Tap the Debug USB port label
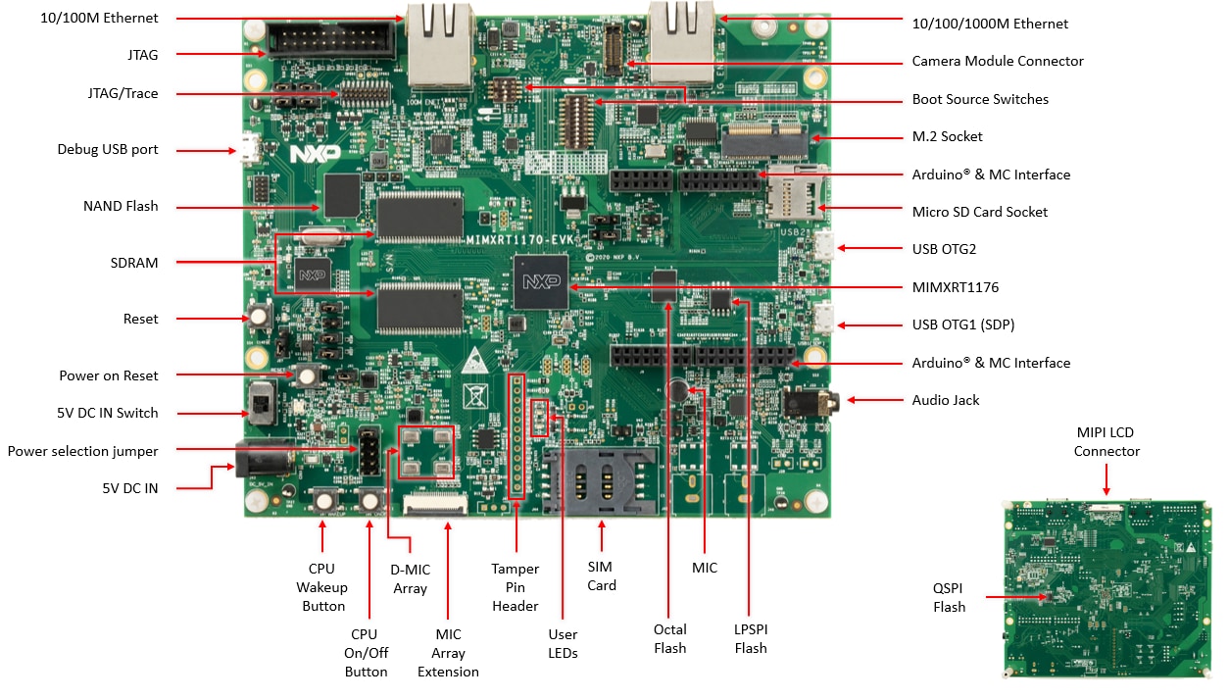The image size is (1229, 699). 108,150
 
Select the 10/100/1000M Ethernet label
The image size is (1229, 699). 990,24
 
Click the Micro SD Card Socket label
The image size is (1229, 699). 979,212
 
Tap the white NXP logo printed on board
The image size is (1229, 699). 310,155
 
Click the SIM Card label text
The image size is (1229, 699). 602,575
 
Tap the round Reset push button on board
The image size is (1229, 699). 261,317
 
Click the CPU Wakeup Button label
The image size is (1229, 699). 321,587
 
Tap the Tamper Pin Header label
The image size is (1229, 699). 516,587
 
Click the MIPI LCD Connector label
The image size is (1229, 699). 1106,441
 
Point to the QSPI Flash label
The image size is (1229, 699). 949,597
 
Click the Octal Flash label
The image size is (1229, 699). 670,638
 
